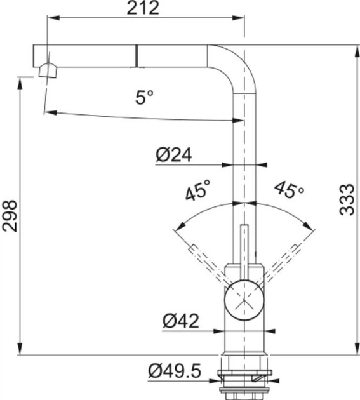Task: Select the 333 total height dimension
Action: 346,199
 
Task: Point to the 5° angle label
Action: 144,98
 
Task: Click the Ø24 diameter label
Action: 173,154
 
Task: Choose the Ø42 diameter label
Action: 180,321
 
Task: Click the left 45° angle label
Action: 199,191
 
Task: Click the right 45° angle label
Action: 289,189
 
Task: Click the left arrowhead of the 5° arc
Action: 47,112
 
